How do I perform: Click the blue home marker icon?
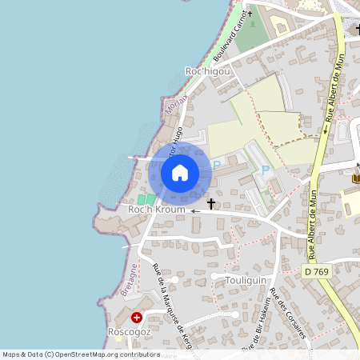click(x=180, y=172)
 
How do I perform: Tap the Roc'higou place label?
click(x=207, y=71)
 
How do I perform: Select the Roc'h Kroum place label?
click(x=157, y=210)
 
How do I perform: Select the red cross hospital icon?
click(x=137, y=318)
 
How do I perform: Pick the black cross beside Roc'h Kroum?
click(x=211, y=204)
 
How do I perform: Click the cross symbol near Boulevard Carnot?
click(x=250, y=14)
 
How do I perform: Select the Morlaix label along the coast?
click(x=175, y=103)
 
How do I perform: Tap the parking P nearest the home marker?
click(x=217, y=165)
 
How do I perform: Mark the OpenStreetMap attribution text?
click(x=82, y=354)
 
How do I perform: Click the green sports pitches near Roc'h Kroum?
click(x=147, y=198)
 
